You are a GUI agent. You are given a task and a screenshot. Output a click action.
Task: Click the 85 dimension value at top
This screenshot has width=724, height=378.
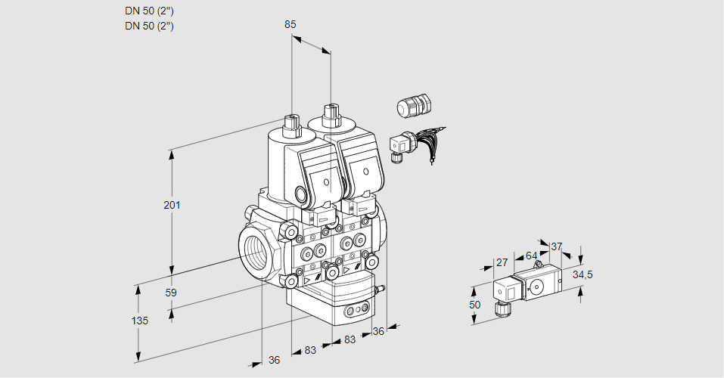point(290,24)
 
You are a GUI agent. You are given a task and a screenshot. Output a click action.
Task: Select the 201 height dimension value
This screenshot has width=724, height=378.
point(172,206)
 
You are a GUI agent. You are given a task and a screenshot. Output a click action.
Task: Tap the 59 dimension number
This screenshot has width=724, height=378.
point(171,293)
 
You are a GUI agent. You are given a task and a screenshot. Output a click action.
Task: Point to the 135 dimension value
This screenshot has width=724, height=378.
point(139,321)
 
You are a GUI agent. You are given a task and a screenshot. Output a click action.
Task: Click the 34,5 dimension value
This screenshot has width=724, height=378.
point(583,274)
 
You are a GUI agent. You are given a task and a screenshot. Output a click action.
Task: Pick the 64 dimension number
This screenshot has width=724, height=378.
point(531,256)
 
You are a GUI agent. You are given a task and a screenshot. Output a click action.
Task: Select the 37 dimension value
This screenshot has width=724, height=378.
point(557,246)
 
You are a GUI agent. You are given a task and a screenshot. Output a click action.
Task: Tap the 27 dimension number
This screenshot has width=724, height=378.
point(501,263)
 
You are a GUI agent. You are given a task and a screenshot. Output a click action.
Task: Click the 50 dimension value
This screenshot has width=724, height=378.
point(474,305)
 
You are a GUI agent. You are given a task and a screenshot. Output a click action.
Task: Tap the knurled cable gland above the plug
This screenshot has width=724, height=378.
point(413,106)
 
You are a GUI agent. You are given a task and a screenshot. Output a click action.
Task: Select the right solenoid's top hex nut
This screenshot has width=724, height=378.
point(330,114)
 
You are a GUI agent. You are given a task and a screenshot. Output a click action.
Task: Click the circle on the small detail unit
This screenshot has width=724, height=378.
point(537,287)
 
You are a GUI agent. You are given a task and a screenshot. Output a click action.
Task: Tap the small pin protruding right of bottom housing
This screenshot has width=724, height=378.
point(382,288)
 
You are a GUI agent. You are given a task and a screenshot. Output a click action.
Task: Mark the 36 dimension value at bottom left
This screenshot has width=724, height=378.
point(274,360)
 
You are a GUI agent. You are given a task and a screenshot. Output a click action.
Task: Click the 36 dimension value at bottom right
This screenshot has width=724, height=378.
point(379,330)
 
